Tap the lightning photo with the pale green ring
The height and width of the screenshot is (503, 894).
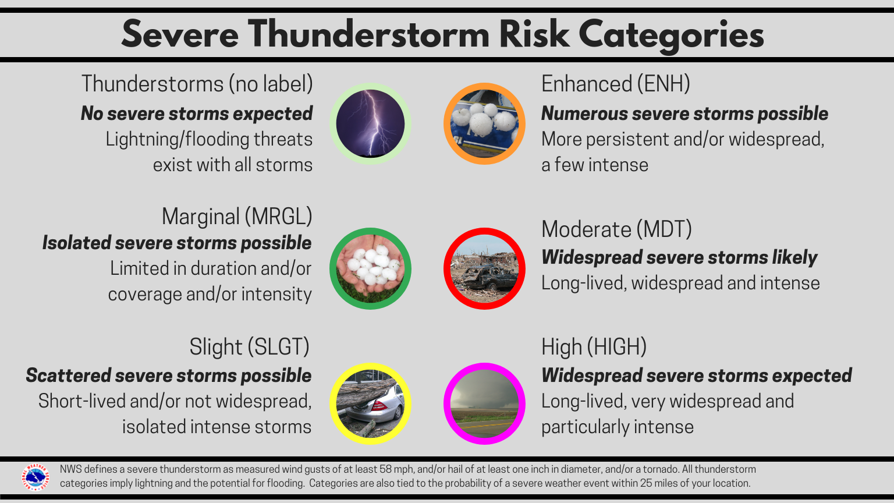(370, 123)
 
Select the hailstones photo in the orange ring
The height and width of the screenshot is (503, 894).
(484, 123)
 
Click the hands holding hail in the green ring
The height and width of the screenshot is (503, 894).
(370, 268)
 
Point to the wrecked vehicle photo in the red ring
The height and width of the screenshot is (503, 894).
(484, 268)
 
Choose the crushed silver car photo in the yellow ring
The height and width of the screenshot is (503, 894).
(370, 403)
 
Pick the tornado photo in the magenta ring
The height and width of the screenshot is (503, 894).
(484, 403)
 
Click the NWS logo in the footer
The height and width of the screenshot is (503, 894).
(35, 477)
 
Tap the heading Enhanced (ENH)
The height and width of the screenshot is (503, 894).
(615, 84)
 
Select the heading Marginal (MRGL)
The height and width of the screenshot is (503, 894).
(237, 217)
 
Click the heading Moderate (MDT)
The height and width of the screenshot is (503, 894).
(616, 229)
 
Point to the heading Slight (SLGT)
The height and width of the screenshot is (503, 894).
(249, 347)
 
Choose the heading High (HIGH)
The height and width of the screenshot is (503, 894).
(594, 347)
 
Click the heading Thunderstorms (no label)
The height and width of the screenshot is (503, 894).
(197, 84)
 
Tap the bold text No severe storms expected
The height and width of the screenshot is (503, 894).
(197, 114)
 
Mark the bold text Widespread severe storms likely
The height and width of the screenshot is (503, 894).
(679, 257)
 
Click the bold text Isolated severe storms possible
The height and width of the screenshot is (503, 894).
(177, 243)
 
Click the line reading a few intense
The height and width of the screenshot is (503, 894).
(594, 165)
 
